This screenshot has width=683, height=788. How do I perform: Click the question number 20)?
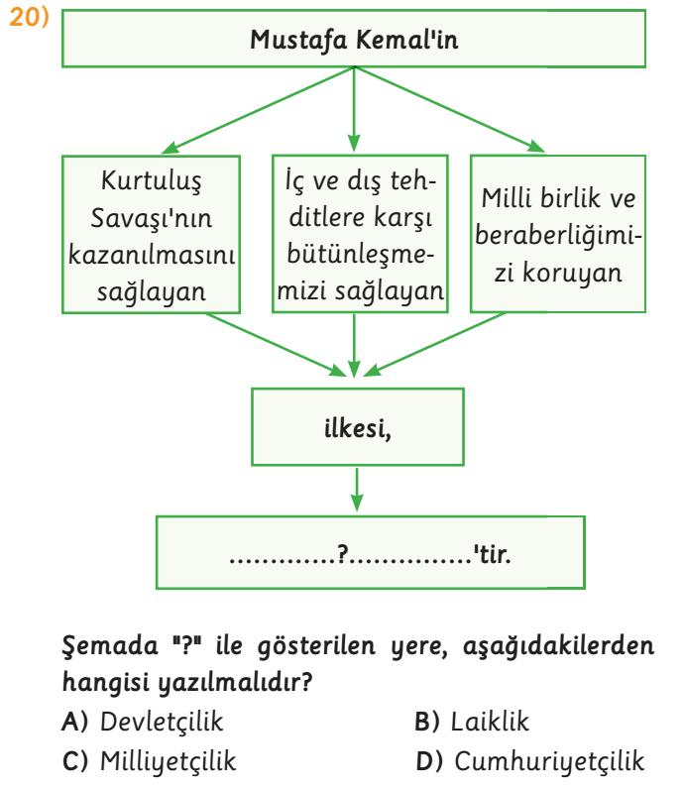coord(29,18)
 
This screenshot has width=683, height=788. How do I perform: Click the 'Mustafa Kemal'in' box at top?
coord(354,39)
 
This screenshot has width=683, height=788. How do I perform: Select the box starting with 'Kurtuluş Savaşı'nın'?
coord(152,234)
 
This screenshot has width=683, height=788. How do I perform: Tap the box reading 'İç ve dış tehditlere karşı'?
coord(360,234)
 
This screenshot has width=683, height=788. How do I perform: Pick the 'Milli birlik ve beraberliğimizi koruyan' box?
coord(558,234)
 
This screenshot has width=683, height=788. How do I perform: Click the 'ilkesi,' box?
coord(357,427)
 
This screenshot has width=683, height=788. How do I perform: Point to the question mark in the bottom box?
coord(343,554)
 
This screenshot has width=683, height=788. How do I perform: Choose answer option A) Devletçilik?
coord(142,723)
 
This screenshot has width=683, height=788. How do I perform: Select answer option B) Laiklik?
coord(472,722)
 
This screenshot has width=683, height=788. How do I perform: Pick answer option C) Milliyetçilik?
coord(149,761)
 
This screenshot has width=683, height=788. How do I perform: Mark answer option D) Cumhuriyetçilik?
coord(529,761)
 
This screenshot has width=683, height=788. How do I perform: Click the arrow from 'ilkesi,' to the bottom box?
coord(357,490)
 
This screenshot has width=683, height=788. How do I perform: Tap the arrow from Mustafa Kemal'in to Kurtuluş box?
coord(258,110)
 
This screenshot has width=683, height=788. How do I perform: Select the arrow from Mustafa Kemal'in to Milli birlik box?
coord(450,109)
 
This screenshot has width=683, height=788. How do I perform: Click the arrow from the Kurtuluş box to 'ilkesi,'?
coord(276,345)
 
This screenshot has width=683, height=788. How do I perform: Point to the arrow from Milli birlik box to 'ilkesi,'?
coord(434,345)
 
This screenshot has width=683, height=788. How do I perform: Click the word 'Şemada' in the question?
coord(110,646)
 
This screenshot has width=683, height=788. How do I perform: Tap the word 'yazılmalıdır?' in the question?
coord(235,683)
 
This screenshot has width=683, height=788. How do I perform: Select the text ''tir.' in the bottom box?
coord(492,554)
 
